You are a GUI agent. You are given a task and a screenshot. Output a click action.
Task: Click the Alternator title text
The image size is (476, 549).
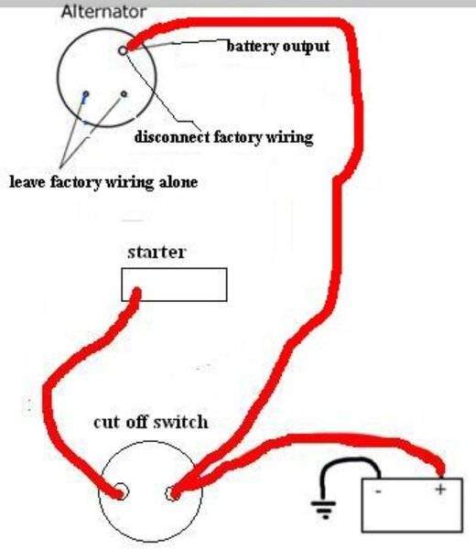[x=103, y=13]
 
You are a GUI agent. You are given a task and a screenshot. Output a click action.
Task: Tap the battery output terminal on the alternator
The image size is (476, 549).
[x=123, y=50]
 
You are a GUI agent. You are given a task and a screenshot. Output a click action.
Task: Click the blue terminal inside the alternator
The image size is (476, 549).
[x=85, y=94]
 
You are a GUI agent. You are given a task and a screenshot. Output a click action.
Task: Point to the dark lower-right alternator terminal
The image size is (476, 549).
[x=124, y=94]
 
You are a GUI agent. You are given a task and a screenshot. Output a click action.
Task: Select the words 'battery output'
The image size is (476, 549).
[x=278, y=47]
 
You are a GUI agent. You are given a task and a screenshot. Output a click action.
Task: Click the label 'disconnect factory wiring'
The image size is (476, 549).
[x=224, y=137]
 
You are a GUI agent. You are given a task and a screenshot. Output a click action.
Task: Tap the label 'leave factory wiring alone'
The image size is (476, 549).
[x=103, y=182]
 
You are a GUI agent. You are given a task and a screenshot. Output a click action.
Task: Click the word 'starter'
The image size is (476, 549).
[x=157, y=253]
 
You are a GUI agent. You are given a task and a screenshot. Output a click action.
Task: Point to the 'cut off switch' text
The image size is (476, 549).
[x=151, y=422]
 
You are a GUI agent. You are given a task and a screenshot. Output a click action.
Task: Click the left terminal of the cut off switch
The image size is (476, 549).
[x=121, y=492]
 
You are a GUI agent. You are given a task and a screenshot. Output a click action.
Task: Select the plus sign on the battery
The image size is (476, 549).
[x=440, y=489]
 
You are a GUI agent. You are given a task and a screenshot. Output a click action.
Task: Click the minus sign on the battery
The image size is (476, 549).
[x=378, y=491]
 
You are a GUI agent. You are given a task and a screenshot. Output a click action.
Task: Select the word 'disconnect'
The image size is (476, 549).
[x=172, y=137]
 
